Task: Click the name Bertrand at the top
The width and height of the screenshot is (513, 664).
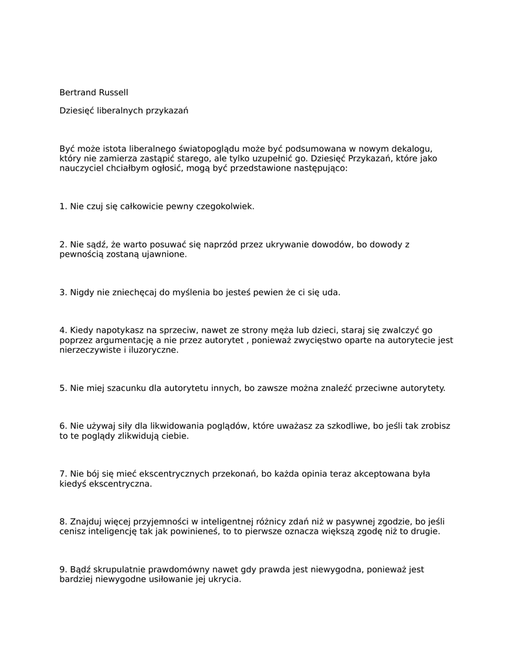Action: coord(77,93)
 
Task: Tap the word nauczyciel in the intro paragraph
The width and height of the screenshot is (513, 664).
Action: coord(80,168)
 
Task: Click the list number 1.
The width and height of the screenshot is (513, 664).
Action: coord(62,206)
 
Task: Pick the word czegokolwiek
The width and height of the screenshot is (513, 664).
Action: coord(224,206)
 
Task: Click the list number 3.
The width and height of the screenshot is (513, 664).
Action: coord(62,292)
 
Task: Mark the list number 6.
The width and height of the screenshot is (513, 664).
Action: coord(62,426)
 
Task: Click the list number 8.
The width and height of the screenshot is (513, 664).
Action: coord(62,521)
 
